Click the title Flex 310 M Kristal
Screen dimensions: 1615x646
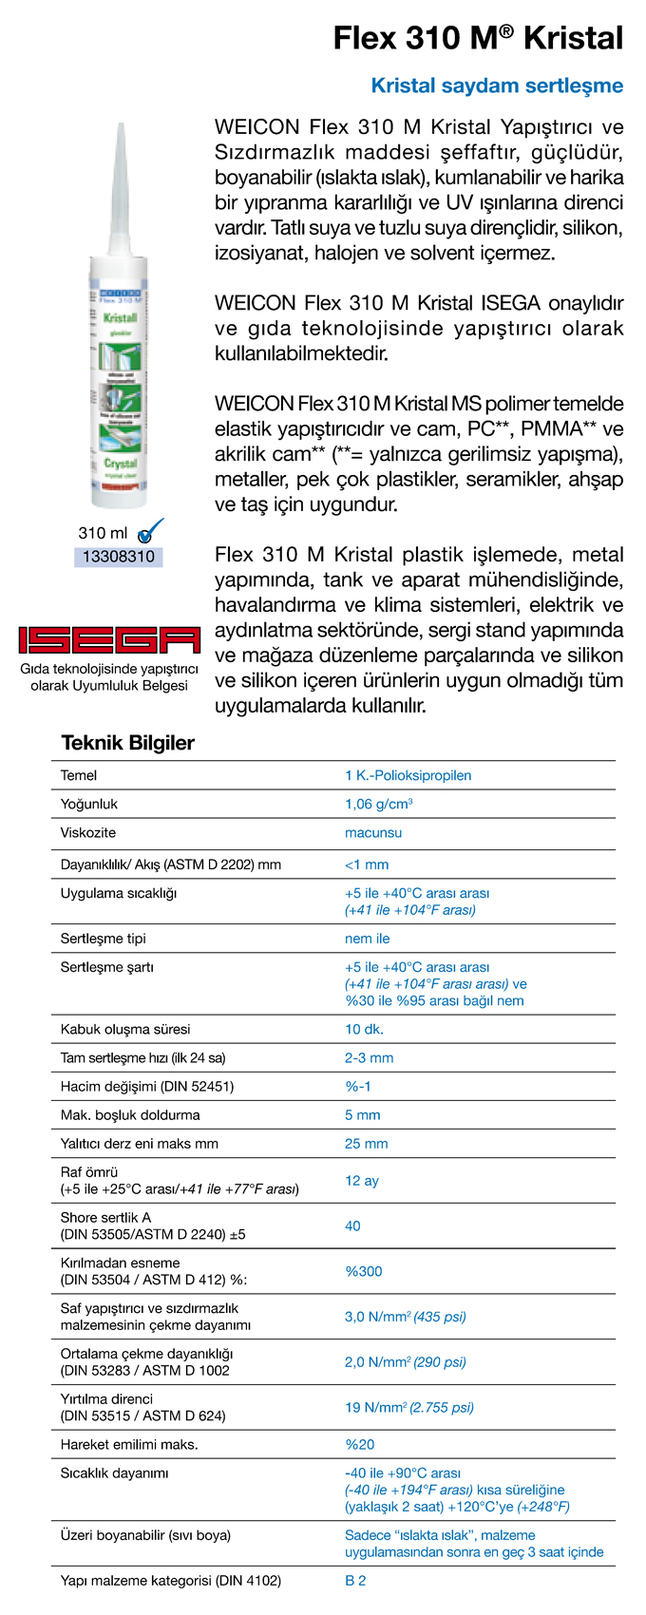478,38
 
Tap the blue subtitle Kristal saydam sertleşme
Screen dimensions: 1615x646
497,85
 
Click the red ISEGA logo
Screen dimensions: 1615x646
109,640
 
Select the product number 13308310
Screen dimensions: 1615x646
119,557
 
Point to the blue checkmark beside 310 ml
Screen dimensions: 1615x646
150,531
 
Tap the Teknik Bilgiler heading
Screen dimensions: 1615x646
127,743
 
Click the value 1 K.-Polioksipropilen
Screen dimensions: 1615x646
408,775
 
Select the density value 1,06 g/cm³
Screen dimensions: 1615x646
378,804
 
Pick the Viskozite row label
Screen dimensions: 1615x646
88,832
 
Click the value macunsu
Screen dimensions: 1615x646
373,832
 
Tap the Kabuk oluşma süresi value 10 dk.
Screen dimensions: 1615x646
364,1029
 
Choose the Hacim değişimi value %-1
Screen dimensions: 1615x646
358,1086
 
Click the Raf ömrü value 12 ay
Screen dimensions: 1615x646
362,1180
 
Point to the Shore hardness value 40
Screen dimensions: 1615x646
352,1225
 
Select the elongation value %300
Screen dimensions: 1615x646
363,1271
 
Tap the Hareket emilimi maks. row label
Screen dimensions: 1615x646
129,1444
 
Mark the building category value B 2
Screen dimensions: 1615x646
355,1581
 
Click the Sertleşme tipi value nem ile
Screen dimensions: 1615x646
367,939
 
